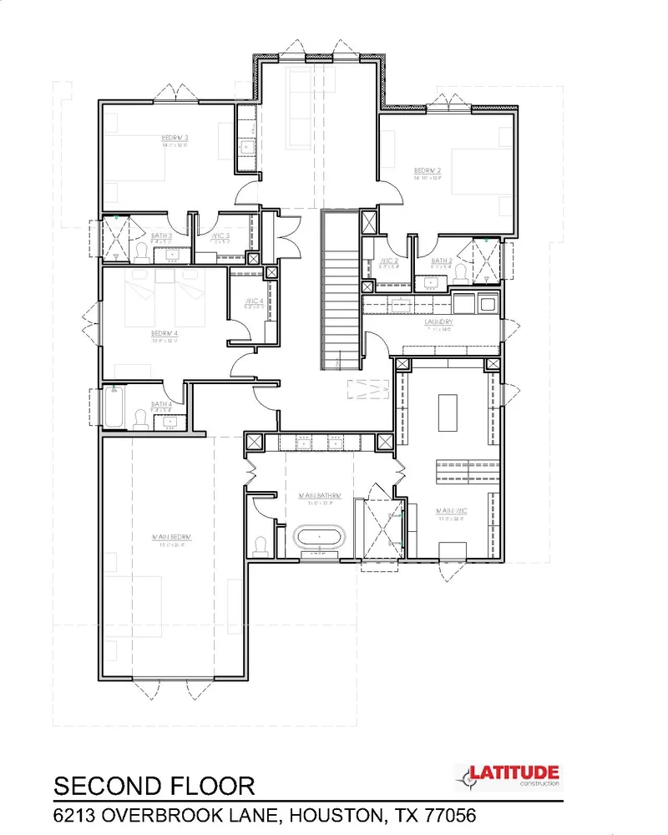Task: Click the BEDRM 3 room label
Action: [x=175, y=138]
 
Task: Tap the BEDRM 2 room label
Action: [x=428, y=171]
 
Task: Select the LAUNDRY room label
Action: [x=438, y=321]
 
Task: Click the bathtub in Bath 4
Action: [x=114, y=407]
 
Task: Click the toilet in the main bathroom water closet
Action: [x=261, y=544]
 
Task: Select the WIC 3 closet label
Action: [x=220, y=237]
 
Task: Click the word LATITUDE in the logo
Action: [x=512, y=774]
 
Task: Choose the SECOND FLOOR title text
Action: [x=154, y=787]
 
